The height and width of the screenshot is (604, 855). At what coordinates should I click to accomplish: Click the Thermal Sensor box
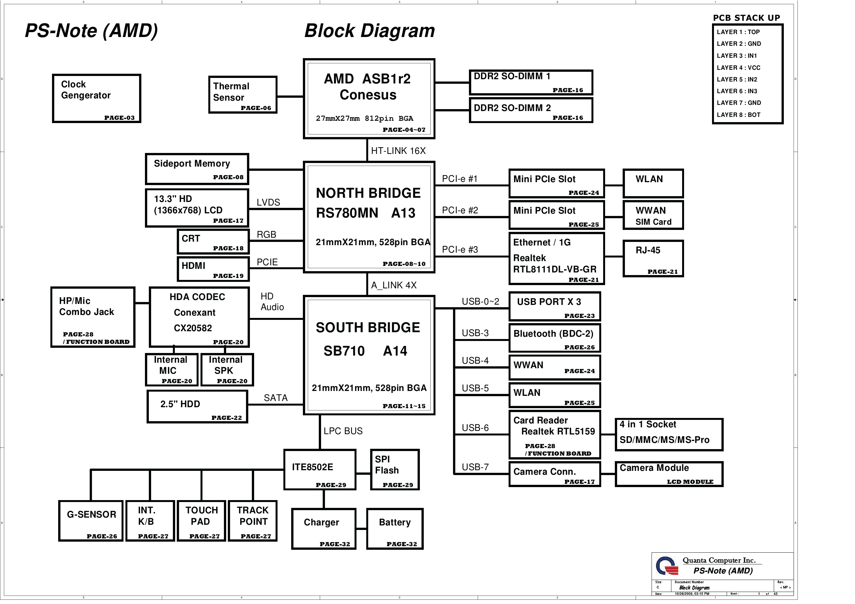(x=243, y=94)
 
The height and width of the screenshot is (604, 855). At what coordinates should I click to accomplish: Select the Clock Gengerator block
(x=97, y=98)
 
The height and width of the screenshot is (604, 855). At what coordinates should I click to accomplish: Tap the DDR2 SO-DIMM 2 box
(x=531, y=110)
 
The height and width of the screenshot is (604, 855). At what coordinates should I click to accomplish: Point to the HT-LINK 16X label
(x=398, y=151)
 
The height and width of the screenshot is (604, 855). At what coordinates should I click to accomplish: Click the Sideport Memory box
(x=197, y=169)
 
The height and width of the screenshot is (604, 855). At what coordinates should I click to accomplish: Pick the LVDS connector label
(x=268, y=202)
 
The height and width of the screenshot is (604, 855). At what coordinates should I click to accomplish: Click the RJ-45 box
(x=653, y=258)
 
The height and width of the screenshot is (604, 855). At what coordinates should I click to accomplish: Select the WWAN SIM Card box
(x=653, y=216)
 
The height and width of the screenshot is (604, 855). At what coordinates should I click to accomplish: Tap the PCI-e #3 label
(x=460, y=249)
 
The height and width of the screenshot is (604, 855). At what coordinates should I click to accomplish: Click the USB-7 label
(x=475, y=467)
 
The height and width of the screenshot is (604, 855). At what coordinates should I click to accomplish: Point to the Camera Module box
(x=669, y=474)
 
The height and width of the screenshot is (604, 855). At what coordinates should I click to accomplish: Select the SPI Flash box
(x=395, y=470)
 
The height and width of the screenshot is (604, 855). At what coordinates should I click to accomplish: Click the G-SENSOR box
(x=91, y=521)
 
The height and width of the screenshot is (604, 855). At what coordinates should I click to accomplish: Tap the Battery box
(x=395, y=528)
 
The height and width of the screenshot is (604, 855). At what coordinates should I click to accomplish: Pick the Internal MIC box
(x=172, y=370)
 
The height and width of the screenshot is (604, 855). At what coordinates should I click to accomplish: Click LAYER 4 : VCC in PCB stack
(x=738, y=68)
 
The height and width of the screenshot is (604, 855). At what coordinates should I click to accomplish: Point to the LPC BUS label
(x=343, y=431)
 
